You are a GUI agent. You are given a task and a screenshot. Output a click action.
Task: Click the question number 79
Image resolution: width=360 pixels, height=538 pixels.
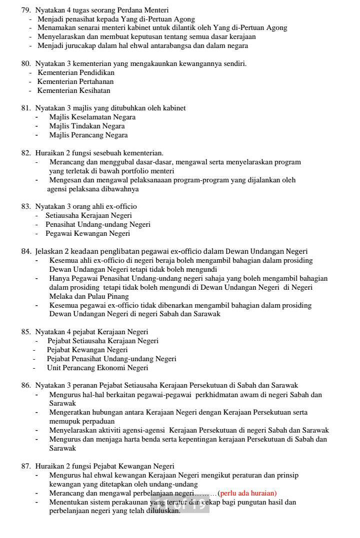click(x=25, y=10)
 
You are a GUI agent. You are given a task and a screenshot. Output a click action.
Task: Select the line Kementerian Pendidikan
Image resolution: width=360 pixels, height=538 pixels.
click(x=76, y=72)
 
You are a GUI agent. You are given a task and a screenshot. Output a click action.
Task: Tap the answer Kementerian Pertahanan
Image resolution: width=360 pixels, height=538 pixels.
click(x=75, y=81)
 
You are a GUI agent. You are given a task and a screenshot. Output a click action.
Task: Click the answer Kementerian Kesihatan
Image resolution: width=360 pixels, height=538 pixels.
click(x=74, y=90)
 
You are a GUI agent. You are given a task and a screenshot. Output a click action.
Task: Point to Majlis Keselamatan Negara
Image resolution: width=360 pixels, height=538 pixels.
click(x=92, y=117)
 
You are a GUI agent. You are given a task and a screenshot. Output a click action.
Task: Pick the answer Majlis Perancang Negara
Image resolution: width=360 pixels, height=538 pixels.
click(x=88, y=135)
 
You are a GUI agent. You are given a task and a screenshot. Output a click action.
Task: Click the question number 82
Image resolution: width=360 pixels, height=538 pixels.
click(x=25, y=153)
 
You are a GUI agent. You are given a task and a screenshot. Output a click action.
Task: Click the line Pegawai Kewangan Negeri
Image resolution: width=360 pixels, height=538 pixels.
click(x=88, y=233)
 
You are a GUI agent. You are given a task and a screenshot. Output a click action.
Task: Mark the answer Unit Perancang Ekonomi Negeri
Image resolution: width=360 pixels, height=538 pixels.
click(x=97, y=368)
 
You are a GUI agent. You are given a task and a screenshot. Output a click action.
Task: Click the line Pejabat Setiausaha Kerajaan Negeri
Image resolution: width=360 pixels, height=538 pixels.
click(x=103, y=341)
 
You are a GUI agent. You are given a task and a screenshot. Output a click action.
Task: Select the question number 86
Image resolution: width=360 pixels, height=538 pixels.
click(x=25, y=385)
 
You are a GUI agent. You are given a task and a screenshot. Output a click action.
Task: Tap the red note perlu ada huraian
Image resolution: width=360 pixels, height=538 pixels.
click(x=247, y=493)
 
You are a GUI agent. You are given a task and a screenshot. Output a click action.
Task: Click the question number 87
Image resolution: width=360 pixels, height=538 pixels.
click(x=25, y=466)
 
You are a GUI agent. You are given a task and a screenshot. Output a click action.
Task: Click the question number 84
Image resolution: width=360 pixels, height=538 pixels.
click(x=25, y=251)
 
